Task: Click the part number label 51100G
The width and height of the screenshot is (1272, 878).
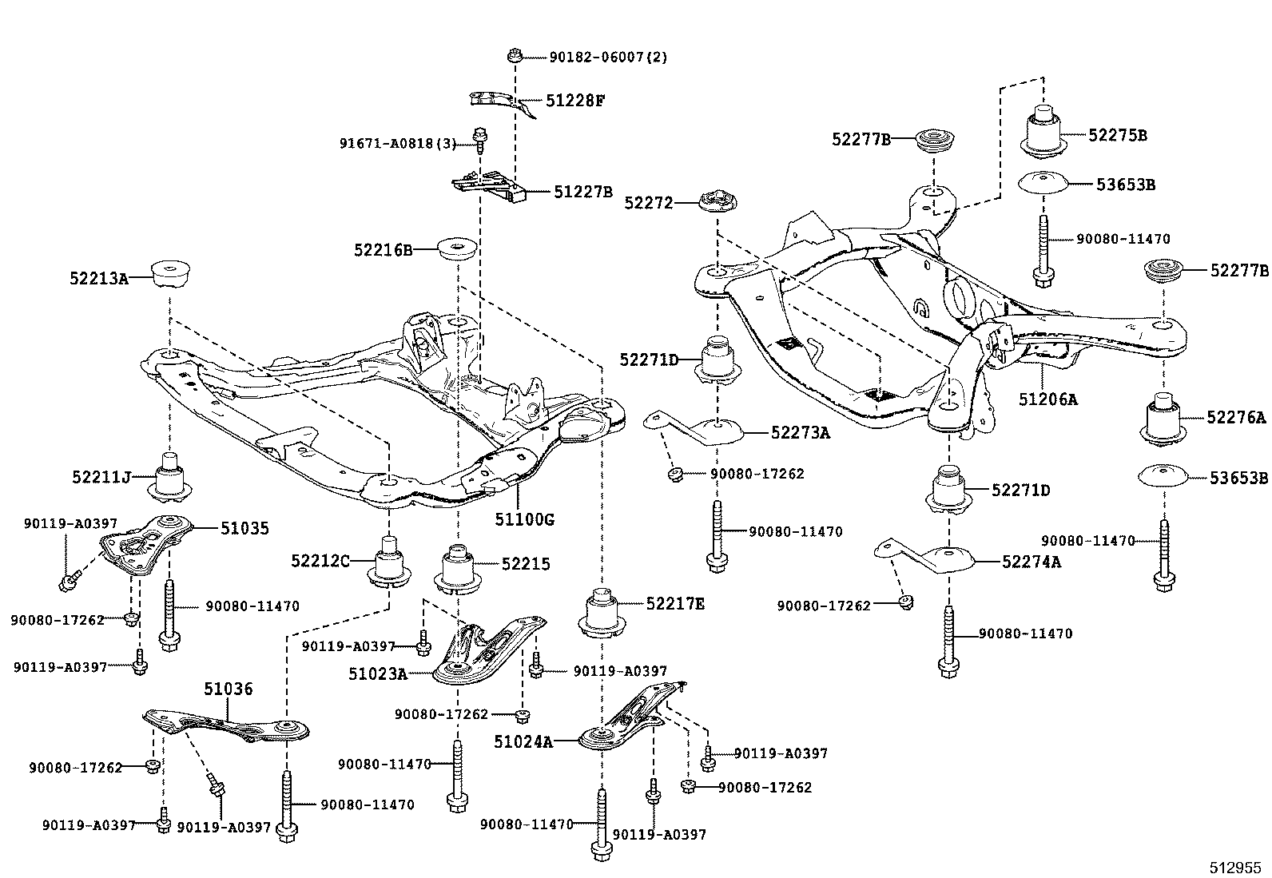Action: coord(523,520)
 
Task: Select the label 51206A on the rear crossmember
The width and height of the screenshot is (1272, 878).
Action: coord(1047,399)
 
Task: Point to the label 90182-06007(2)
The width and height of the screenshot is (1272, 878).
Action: coord(608,57)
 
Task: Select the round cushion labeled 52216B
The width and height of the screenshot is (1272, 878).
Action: coord(458,248)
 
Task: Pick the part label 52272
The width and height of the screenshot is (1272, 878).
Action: coord(649,203)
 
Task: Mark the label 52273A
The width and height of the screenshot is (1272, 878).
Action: coord(801,433)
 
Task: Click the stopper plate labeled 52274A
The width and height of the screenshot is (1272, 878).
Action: coord(935,555)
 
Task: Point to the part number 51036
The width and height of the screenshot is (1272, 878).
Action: coord(228,689)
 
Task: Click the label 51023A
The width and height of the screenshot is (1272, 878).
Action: coord(378,674)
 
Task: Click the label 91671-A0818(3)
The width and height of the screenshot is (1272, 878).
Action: coord(397,144)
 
